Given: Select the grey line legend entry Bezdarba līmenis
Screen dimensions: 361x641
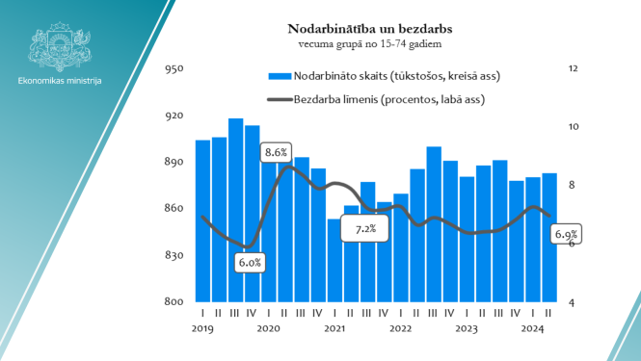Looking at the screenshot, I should (278, 98).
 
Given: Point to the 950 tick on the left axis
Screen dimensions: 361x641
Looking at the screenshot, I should (174, 69).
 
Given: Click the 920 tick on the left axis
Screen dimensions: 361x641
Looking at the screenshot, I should (174, 116).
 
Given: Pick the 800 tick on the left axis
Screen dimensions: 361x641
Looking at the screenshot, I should (174, 302).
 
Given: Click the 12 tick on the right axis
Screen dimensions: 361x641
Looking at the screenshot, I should (573, 69).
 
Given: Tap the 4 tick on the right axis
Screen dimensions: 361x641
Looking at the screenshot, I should (573, 302).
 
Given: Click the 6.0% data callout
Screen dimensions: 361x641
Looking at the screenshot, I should (251, 262).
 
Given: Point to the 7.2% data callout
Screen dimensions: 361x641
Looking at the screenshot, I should (365, 229).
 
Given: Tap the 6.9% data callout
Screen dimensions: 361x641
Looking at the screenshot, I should (566, 234).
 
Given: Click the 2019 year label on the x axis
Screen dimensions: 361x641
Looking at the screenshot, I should (202, 329).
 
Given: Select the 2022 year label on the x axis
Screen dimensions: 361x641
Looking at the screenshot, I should (401, 329).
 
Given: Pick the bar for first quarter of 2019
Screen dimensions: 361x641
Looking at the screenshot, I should (202, 220).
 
